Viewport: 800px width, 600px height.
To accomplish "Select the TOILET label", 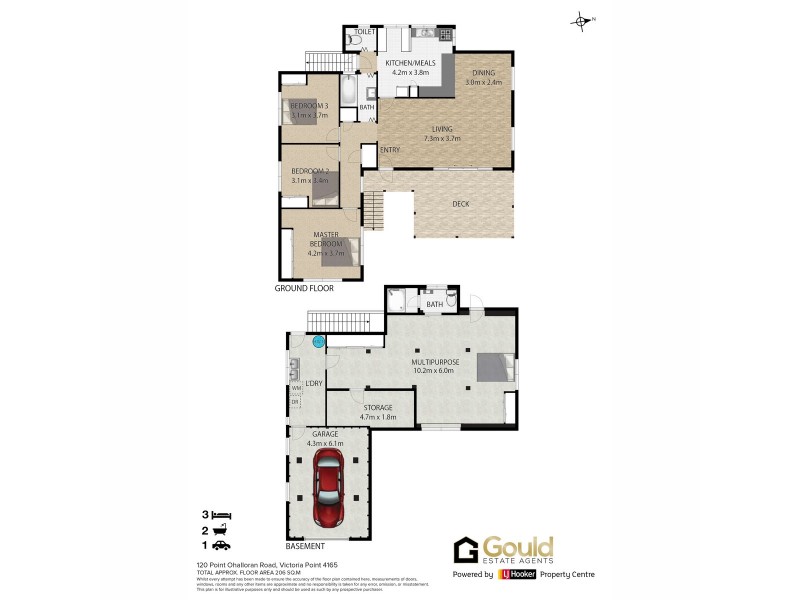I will click(364, 32).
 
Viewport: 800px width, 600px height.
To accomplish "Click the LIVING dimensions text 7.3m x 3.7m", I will click(441, 138).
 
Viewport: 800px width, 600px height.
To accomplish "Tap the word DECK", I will click(460, 205).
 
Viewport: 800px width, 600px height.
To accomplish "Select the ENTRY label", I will click(390, 151).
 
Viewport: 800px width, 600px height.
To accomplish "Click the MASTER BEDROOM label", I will click(326, 239).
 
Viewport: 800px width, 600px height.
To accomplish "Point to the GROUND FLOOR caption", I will click(304, 288).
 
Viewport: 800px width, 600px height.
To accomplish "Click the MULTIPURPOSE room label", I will click(434, 361).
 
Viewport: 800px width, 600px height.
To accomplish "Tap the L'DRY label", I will click(313, 384).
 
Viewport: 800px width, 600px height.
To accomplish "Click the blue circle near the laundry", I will click(319, 343).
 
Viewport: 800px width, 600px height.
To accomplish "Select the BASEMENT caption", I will click(305, 546).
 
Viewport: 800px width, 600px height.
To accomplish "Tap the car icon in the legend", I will click(223, 545).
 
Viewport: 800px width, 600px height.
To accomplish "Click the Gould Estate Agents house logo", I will click(466, 550).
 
